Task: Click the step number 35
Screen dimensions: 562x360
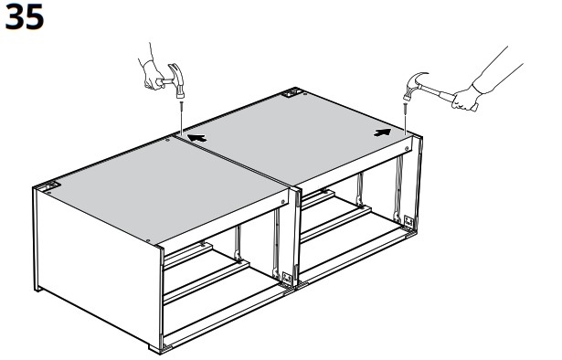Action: pyautogui.click(x=25, y=17)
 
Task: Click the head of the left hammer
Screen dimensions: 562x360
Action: pyautogui.click(x=177, y=80)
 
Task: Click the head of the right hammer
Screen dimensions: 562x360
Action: pyautogui.click(x=413, y=85)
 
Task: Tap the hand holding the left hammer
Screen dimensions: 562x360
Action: pyautogui.click(x=154, y=75)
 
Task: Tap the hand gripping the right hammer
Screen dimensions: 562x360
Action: pyautogui.click(x=464, y=99)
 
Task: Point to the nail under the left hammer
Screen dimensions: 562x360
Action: pyautogui.click(x=182, y=117)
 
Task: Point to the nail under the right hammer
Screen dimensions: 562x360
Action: pyautogui.click(x=406, y=118)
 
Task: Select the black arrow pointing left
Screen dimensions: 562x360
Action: pyautogui.click(x=196, y=138)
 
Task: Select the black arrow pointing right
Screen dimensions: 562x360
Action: pyautogui.click(x=382, y=132)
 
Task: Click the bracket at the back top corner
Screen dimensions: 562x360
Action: pyautogui.click(x=291, y=93)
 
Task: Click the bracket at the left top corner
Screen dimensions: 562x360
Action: pyautogui.click(x=50, y=186)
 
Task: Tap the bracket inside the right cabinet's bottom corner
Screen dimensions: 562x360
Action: pyautogui.click(x=408, y=221)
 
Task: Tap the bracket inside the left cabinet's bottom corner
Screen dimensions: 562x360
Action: pyautogui.click(x=287, y=279)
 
